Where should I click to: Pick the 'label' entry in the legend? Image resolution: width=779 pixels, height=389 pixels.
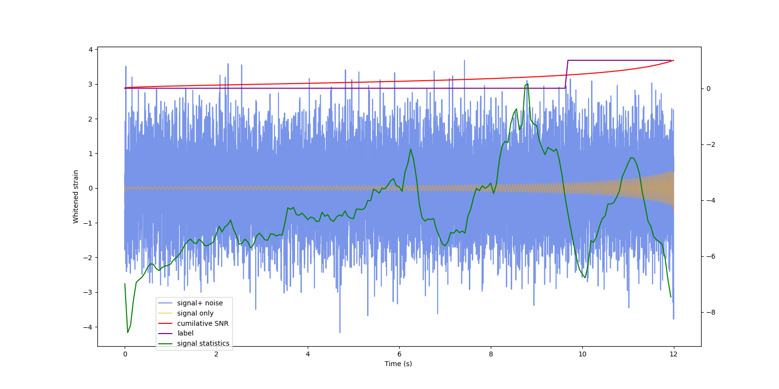tap(185, 333)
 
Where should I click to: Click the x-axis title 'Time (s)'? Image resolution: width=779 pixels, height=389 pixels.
tap(398, 364)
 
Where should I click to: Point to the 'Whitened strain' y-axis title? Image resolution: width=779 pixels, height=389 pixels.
tap(76, 196)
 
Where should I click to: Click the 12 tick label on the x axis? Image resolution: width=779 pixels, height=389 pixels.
tap(673, 354)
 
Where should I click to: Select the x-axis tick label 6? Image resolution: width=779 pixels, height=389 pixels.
tap(399, 354)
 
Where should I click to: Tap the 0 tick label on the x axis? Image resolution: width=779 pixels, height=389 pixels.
tap(125, 354)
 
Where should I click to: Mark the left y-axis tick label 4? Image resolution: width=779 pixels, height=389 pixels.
tap(91, 50)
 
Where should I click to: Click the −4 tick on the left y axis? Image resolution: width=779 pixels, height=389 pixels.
tap(88, 327)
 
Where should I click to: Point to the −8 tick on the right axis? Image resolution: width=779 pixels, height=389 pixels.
tap(711, 312)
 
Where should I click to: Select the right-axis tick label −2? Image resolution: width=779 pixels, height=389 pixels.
tap(711, 144)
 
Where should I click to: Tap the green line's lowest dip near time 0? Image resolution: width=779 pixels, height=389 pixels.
tap(128, 332)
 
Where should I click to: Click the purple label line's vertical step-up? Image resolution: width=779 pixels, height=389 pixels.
tap(567, 74)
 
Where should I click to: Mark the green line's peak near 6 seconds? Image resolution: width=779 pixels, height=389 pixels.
tap(410, 149)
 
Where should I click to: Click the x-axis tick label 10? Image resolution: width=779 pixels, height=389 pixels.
tap(582, 354)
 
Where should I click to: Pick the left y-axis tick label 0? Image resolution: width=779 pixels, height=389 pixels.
tap(91, 188)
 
